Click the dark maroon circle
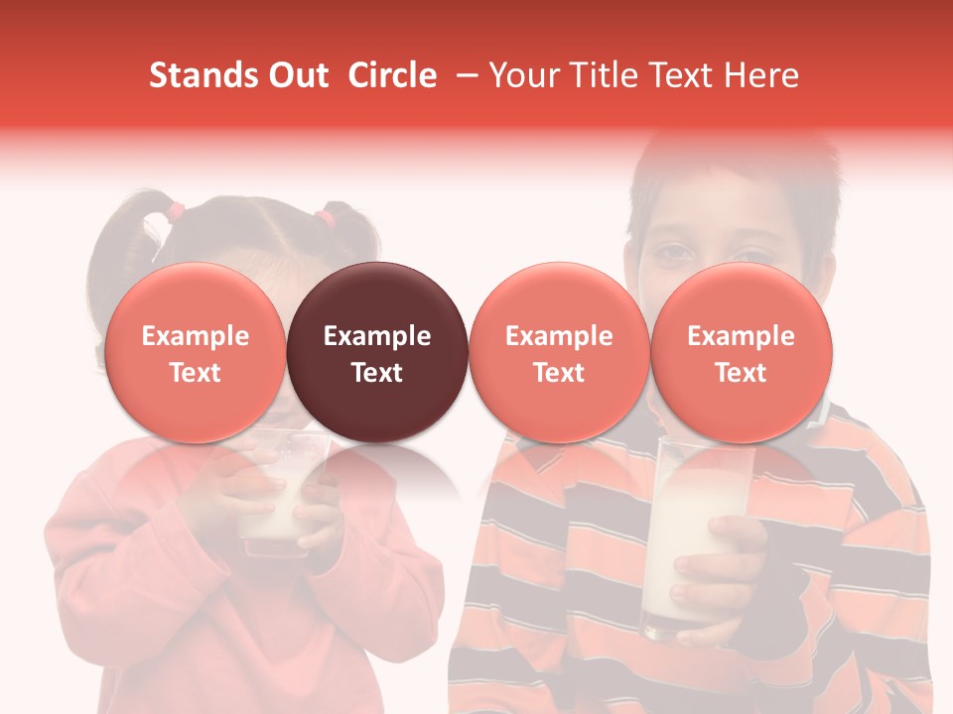[x=377, y=353]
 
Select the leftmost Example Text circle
[x=195, y=353]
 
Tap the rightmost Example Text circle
[x=741, y=353]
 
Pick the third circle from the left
[x=559, y=353]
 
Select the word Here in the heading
[x=763, y=75]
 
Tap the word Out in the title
[x=296, y=75]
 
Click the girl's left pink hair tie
[x=175, y=210]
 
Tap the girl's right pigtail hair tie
[x=325, y=214]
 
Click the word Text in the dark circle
[x=377, y=373]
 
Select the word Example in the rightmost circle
[x=741, y=336]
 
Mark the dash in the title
[x=468, y=75]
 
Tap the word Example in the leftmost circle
[x=195, y=336]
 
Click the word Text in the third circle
[x=559, y=373]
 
